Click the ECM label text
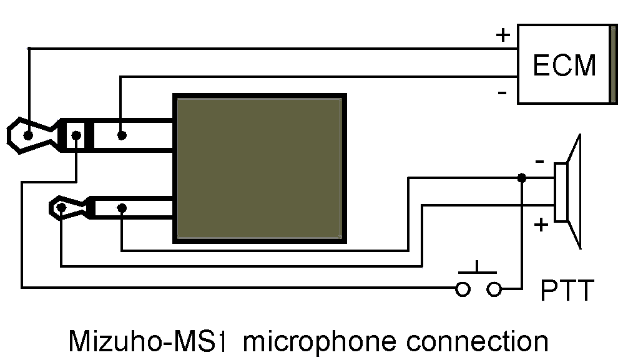click(x=564, y=65)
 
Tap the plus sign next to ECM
click(x=503, y=35)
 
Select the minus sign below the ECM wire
click(x=502, y=93)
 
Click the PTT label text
click(x=567, y=291)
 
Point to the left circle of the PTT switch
click(x=463, y=289)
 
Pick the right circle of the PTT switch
click(x=494, y=289)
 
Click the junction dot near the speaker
click(x=521, y=178)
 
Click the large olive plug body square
click(x=259, y=168)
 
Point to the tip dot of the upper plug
click(x=28, y=135)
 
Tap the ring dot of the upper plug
click(x=76, y=135)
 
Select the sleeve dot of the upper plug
click(x=122, y=135)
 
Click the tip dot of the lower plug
click(x=61, y=207)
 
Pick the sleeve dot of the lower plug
click(x=122, y=207)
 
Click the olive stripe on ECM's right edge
click(x=613, y=64)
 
